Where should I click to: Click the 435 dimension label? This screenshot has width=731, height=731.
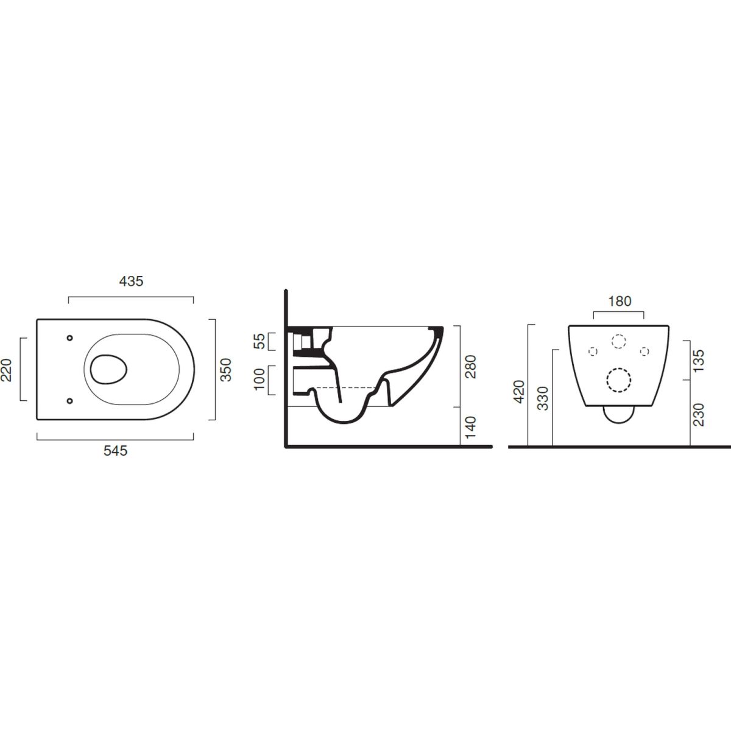(131, 281)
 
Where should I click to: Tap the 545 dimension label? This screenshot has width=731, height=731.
(116, 451)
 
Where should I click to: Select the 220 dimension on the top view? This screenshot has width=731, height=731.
(7, 370)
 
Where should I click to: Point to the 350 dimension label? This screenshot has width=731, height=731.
(226, 370)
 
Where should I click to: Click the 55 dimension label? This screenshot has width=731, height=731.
(260, 341)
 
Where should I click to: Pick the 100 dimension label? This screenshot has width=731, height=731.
(260, 379)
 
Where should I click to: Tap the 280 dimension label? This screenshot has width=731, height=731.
(470, 367)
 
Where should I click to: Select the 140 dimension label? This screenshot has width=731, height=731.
(470, 427)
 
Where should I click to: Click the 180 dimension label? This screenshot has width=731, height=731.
(620, 301)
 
